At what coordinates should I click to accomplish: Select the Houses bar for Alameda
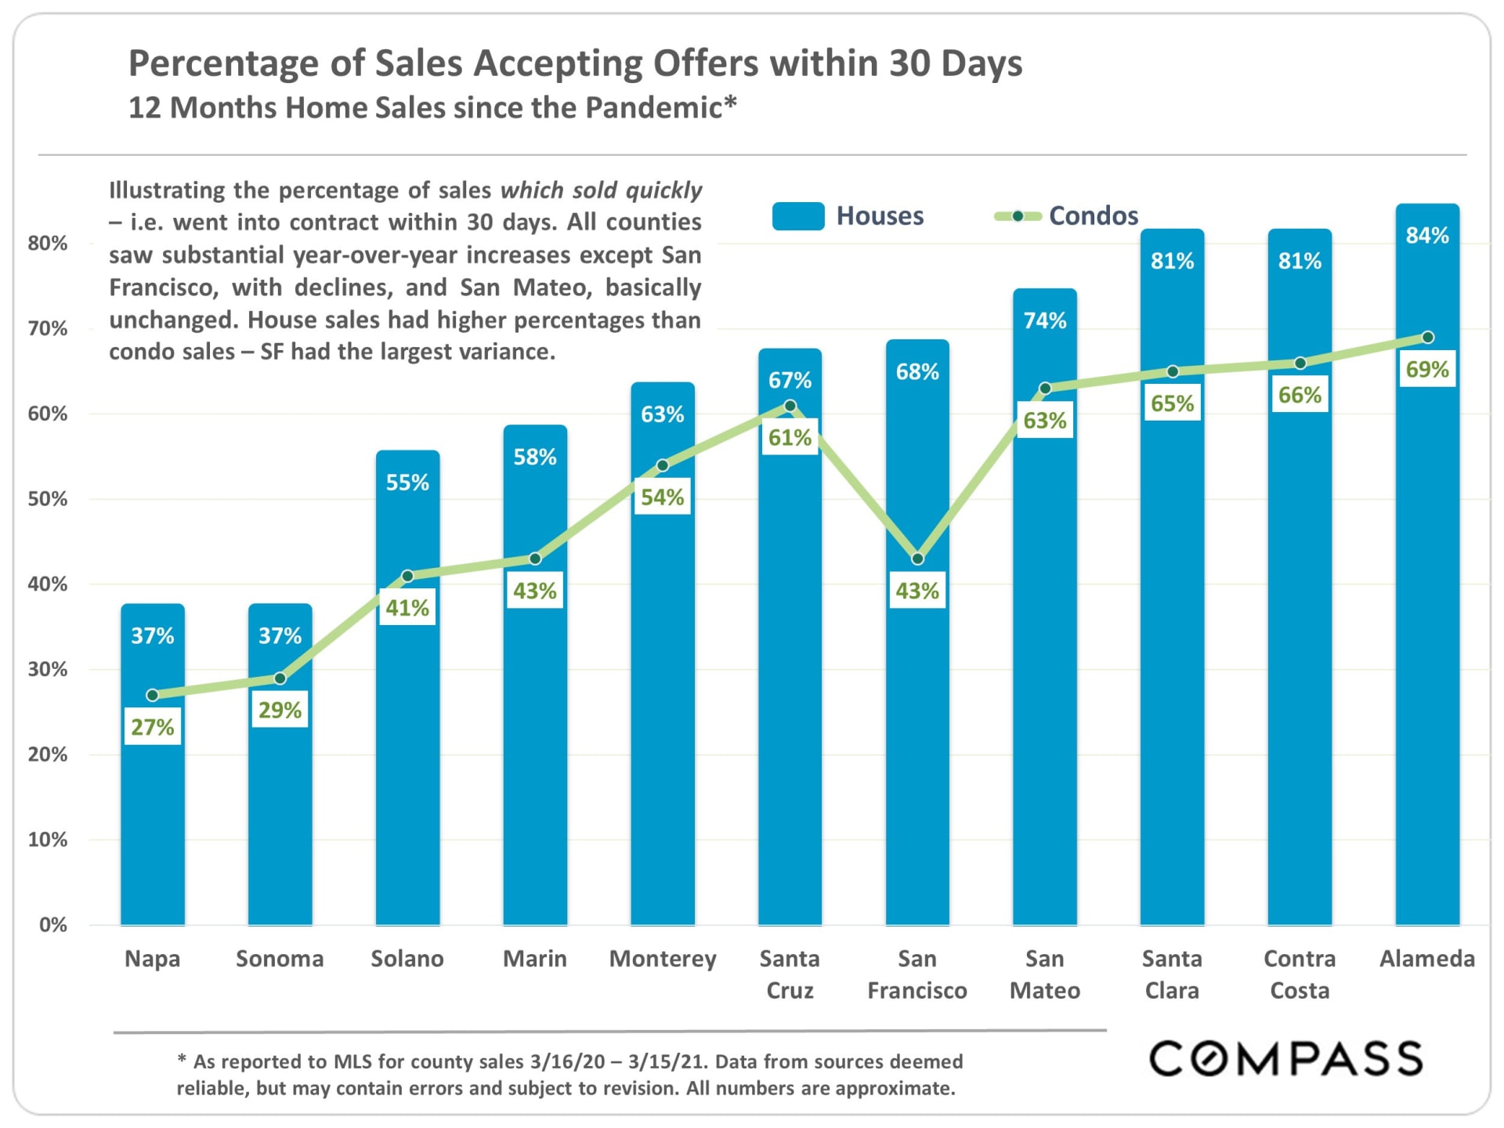tap(1426, 627)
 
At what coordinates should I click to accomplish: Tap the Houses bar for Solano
tap(407, 744)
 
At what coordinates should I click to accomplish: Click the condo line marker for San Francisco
tap(917, 559)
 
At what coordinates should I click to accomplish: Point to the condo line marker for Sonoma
tap(280, 678)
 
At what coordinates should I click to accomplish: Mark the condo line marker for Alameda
tap(1427, 338)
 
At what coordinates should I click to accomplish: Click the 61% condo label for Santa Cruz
tap(790, 437)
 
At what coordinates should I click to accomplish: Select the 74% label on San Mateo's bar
tap(1045, 320)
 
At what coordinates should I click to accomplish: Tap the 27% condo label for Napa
tap(152, 727)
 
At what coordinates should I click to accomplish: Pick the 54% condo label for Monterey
tap(662, 497)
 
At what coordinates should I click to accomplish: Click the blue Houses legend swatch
tap(797, 216)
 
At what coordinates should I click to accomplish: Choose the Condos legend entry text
tap(1093, 216)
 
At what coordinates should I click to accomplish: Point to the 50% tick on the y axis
tap(48, 499)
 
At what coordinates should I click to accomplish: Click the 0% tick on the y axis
tap(52, 925)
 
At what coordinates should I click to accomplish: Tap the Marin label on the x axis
tap(534, 959)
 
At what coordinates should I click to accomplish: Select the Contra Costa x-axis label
tap(1300, 974)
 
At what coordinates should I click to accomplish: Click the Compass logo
tap(1285, 1059)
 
